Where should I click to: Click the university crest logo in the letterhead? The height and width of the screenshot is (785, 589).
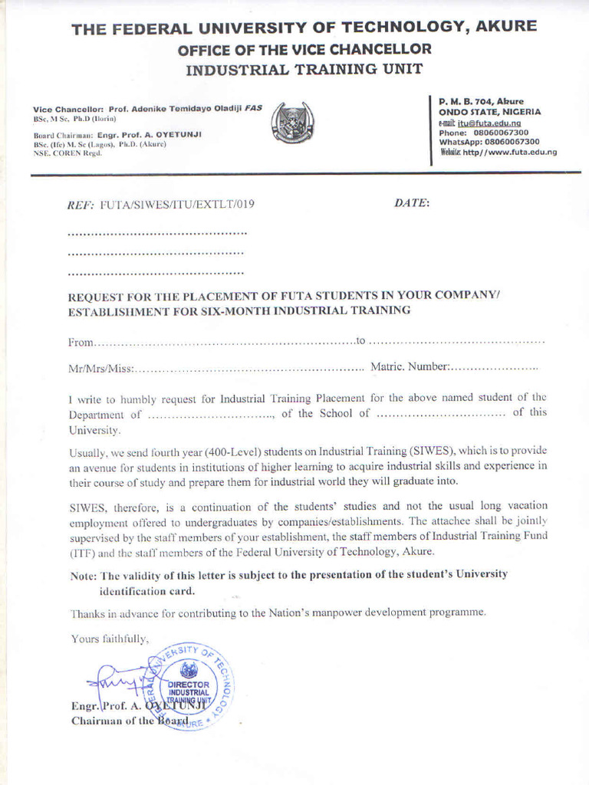[x=291, y=123]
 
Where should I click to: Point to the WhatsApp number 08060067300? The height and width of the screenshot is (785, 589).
[x=512, y=142]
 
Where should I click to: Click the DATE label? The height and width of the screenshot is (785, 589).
[x=410, y=203]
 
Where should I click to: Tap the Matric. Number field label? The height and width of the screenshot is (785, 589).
[x=410, y=367]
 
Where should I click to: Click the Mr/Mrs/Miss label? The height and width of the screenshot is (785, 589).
[x=100, y=369]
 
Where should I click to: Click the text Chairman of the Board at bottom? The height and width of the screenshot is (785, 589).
[x=129, y=721]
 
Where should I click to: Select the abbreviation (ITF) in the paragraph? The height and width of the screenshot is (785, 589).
[x=81, y=552]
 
